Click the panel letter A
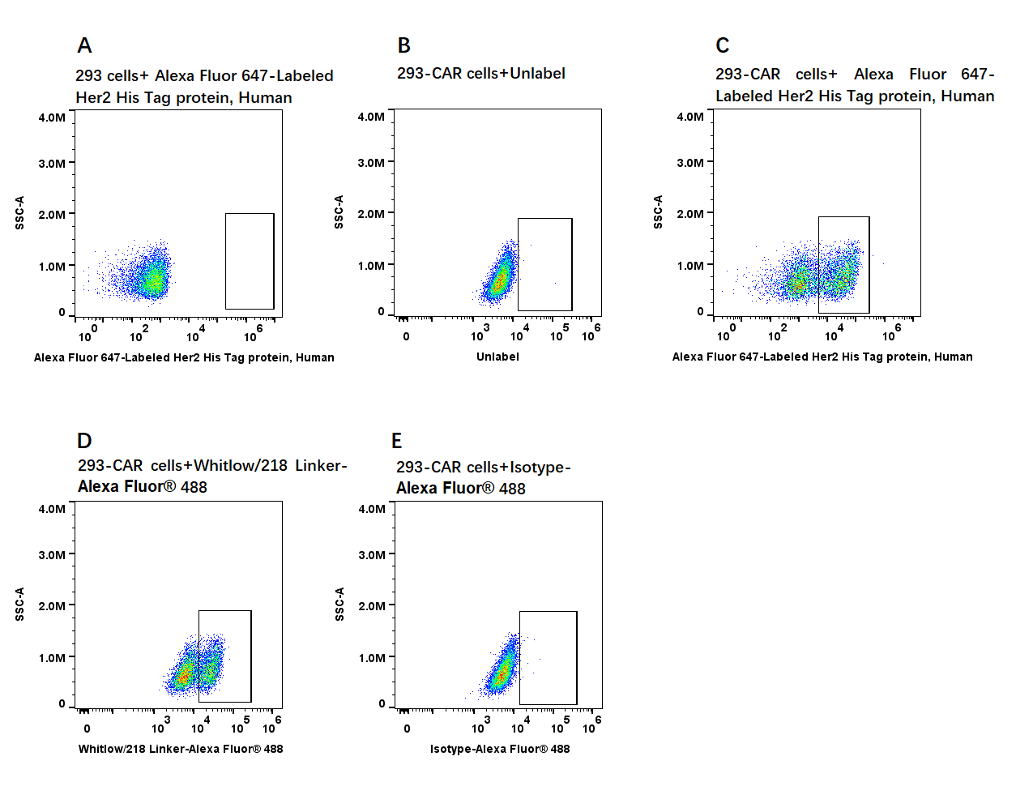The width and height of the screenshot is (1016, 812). [x=84, y=46]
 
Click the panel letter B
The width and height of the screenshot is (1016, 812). [x=403, y=46]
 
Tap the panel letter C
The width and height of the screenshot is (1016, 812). [x=722, y=46]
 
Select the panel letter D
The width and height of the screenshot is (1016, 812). [x=84, y=441]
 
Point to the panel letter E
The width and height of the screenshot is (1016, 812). [x=396, y=441]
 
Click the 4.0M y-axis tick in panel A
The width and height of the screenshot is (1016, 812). [x=52, y=118]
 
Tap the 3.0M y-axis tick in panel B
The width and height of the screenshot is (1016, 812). [x=371, y=163]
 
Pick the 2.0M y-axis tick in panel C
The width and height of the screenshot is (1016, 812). [x=690, y=214]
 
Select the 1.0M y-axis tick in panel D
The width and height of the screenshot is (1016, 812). [x=52, y=658]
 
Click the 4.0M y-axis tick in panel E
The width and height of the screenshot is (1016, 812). [x=372, y=509]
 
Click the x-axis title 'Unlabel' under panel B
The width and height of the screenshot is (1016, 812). [x=497, y=357]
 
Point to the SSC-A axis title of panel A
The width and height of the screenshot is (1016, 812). [x=20, y=212]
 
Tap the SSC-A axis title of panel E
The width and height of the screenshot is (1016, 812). [x=340, y=605]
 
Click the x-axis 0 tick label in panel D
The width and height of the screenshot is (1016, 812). [x=88, y=729]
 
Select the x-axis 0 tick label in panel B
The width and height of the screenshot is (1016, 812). [x=406, y=336]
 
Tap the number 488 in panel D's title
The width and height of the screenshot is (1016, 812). [x=194, y=487]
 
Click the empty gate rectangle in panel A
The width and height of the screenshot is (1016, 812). [x=250, y=261]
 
